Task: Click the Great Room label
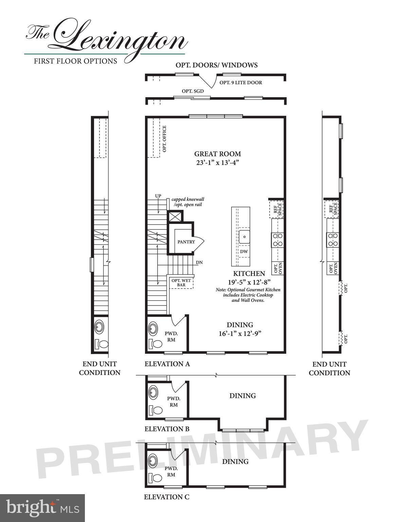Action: click(x=218, y=154)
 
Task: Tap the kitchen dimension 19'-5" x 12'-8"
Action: click(x=249, y=282)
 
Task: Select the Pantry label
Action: click(x=186, y=242)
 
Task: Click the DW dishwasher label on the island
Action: click(x=244, y=252)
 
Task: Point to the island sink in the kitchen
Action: click(x=244, y=237)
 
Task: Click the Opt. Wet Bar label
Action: click(x=181, y=282)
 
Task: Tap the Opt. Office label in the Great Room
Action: click(x=164, y=139)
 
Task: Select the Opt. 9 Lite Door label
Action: click(x=241, y=83)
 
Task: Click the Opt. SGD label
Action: click(x=193, y=91)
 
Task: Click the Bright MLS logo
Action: click(x=42, y=508)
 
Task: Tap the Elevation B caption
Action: click(x=167, y=429)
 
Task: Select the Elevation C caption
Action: click(x=167, y=497)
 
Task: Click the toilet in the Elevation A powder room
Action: click(x=157, y=344)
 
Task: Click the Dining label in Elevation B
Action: click(x=242, y=396)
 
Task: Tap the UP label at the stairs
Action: click(x=158, y=196)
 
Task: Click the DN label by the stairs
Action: click(x=199, y=263)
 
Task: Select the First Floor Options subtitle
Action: click(x=75, y=61)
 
